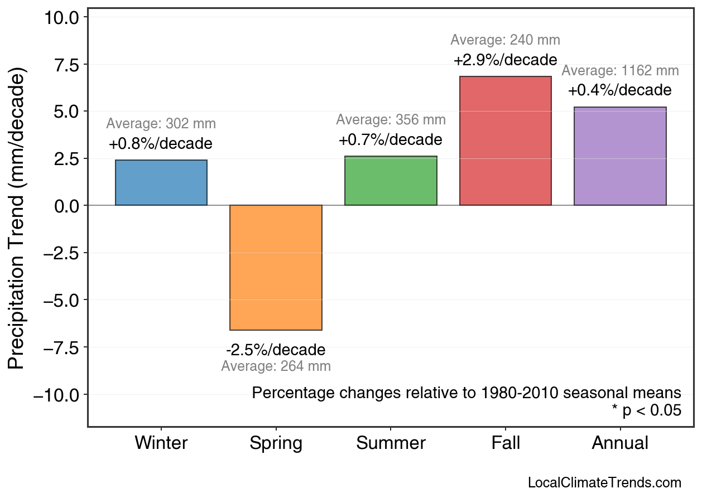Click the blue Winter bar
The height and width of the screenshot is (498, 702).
161,183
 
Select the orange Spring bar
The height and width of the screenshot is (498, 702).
276,268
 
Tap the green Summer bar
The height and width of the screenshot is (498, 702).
391,181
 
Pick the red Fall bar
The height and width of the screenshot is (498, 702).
505,141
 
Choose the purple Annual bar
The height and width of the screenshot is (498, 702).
620,156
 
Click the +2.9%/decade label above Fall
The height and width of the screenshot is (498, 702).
505,60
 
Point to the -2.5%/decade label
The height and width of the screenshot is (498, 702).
276,350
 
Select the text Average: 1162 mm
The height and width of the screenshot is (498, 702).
620,71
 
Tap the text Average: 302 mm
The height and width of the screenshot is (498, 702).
161,124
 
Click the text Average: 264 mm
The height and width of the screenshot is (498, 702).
276,366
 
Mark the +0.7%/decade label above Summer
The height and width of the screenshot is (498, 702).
391,139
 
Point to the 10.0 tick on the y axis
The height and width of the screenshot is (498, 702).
61,18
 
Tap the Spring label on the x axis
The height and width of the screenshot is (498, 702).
276,443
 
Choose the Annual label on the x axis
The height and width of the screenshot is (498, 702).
620,443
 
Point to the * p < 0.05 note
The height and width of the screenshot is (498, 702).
646,410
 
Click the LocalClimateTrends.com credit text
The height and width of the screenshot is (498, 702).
604,483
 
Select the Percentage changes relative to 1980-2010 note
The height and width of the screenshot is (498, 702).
467,393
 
